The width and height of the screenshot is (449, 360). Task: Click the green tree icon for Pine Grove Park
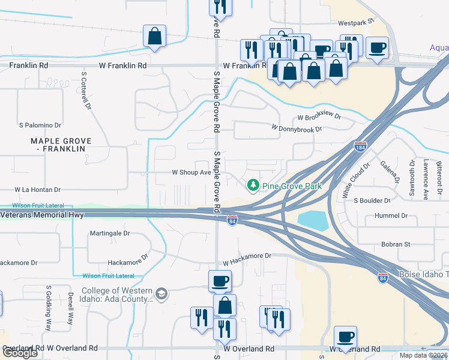(253, 186)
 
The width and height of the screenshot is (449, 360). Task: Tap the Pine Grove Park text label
(292, 186)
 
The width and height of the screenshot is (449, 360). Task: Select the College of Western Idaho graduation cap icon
(161, 294)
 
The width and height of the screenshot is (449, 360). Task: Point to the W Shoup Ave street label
(191, 172)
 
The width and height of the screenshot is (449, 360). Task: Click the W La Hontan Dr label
(38, 189)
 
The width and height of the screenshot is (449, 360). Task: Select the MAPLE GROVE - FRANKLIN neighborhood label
(61, 145)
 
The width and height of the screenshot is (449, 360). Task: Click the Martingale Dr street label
(110, 233)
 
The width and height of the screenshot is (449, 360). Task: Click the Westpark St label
(355, 22)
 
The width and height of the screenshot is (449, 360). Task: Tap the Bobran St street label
(395, 244)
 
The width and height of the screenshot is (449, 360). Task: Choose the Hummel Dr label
(391, 215)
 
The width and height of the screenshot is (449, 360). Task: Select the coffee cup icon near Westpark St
(377, 47)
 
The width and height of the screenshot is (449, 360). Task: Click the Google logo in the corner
(20, 353)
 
